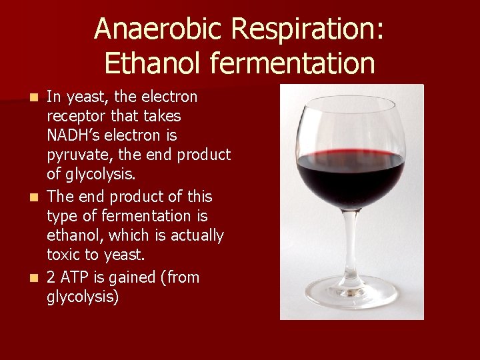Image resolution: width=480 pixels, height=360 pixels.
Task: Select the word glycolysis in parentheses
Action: [83, 297]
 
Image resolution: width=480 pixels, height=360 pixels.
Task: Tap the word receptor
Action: [75, 117]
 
